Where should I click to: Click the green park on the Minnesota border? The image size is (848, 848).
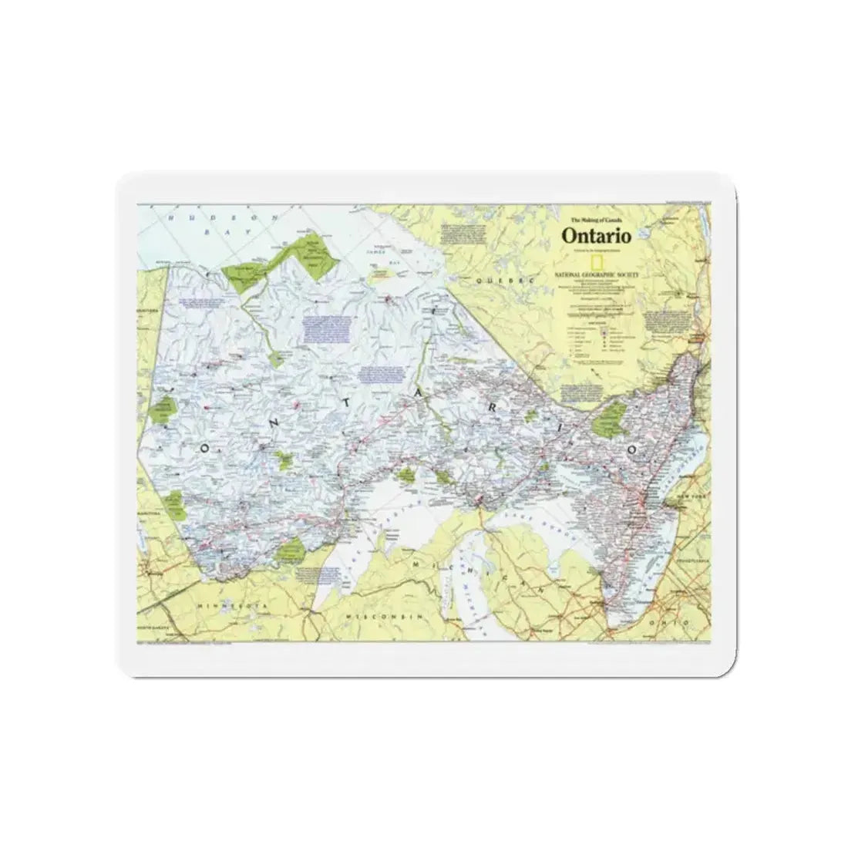click(x=291, y=549)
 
